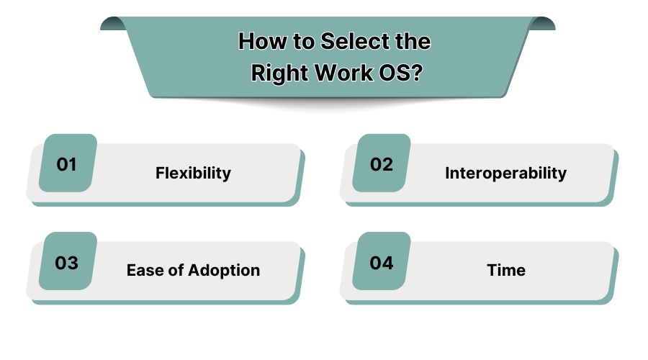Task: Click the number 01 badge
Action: tap(67, 164)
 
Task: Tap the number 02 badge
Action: tap(382, 164)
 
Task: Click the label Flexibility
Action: tap(193, 174)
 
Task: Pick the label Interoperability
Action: tap(505, 174)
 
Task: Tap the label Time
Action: tap(505, 271)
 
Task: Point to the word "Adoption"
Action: tap(224, 271)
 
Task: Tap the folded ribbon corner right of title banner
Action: tap(542, 23)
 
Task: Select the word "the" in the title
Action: tap(413, 42)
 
